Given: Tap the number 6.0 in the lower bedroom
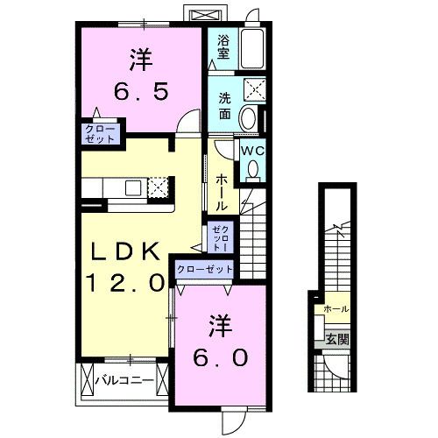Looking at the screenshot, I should click(221, 357).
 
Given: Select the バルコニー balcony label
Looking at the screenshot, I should click(124, 381).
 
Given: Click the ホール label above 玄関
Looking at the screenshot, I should click(336, 309).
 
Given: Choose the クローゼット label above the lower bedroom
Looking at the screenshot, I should click(205, 270).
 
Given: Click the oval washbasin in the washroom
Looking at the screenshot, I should click(249, 120).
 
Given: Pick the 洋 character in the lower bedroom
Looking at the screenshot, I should click(220, 326).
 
